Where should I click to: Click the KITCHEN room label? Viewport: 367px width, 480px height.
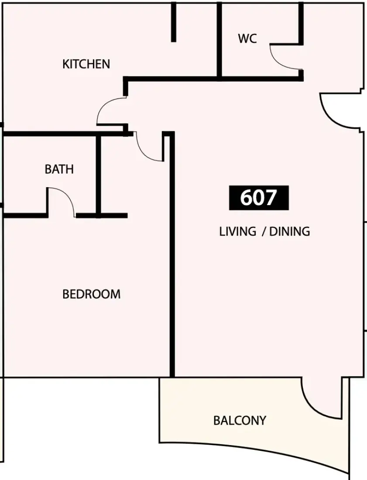coord(86,64)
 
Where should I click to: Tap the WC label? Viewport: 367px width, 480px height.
coord(247,38)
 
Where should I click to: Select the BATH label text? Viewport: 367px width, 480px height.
coord(59,169)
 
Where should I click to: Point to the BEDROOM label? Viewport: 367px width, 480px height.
coord(91,294)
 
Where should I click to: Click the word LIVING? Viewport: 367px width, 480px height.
coord(237,231)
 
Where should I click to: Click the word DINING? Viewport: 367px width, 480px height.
coord(290,231)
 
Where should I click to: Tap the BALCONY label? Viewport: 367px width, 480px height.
coord(240,421)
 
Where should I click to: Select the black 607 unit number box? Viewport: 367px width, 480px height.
coord(259,198)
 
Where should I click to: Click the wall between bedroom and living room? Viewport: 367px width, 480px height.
coord(172,254)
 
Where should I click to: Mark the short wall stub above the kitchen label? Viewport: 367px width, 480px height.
coord(174,22)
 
